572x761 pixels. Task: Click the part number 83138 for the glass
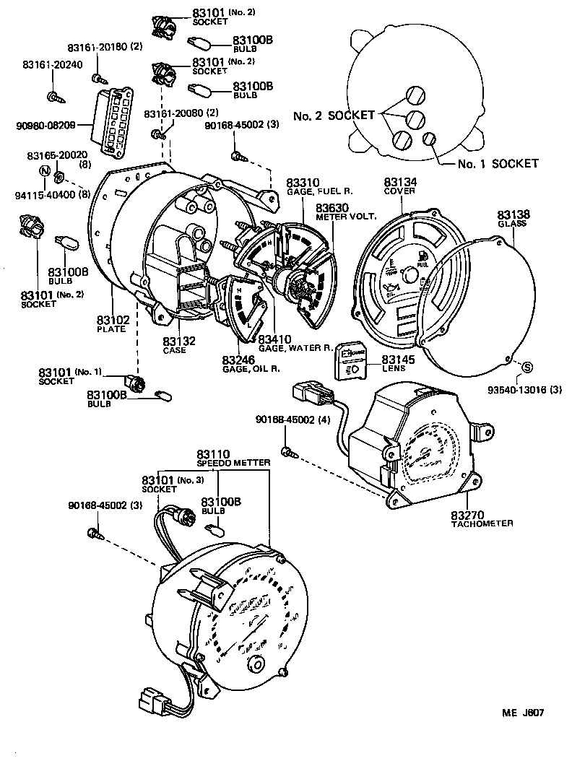click(x=513, y=214)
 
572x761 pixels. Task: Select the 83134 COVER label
click(x=399, y=186)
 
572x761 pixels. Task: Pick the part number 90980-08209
click(x=45, y=126)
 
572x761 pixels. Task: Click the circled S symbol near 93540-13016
click(x=526, y=367)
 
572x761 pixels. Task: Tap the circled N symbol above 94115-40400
click(x=45, y=171)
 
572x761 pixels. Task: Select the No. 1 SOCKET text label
click(x=498, y=164)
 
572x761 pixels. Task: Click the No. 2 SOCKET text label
click(x=334, y=116)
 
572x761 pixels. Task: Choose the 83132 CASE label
click(x=174, y=345)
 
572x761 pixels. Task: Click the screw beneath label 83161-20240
click(x=53, y=96)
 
